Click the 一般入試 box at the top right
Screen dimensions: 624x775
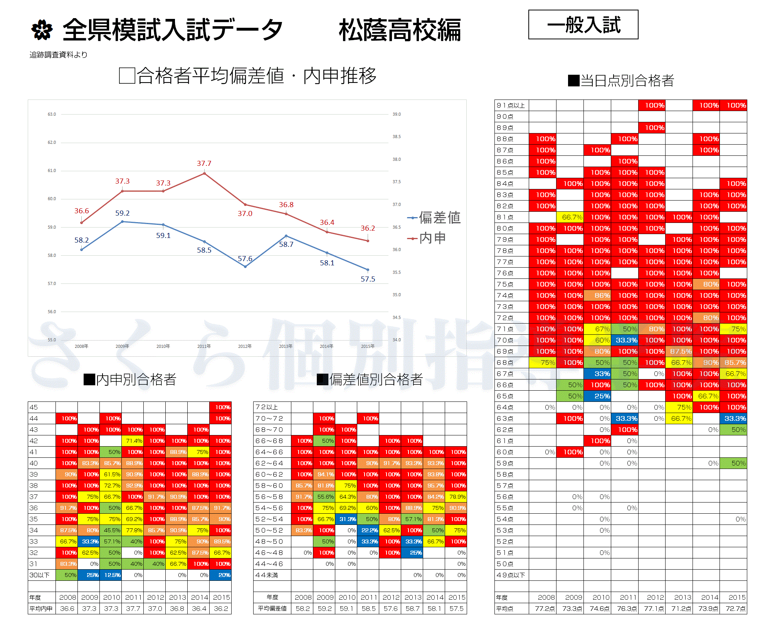[x=583, y=25]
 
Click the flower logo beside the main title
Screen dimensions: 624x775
[x=42, y=30]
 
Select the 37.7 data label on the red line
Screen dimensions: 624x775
[x=204, y=164]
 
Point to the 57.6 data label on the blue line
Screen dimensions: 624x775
[x=245, y=259]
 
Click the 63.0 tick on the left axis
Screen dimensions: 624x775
[x=52, y=114]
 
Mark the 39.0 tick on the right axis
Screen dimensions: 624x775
[x=397, y=114]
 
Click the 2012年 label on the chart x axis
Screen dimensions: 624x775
[x=245, y=346]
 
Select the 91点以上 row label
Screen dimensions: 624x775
[x=511, y=105]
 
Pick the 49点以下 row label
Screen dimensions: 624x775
[x=511, y=575]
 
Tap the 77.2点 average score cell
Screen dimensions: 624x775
[x=545, y=609]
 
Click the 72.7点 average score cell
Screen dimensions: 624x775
[x=735, y=609]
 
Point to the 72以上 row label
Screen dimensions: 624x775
[x=267, y=407]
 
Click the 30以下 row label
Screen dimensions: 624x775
[x=39, y=575]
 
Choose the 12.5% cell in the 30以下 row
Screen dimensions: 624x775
[x=112, y=575]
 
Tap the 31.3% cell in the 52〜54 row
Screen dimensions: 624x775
[x=348, y=519]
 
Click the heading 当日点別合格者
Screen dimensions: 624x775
[x=621, y=81]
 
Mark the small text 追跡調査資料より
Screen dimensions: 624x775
[x=59, y=55]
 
